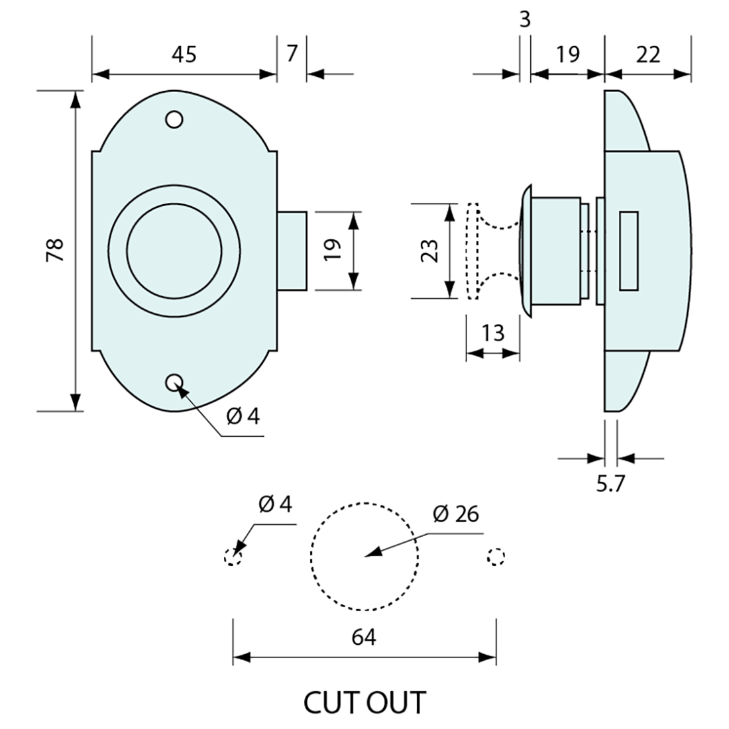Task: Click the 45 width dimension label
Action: click(184, 54)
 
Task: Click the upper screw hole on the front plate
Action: click(174, 120)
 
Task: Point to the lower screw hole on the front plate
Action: click(174, 382)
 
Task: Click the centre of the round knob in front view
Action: click(174, 250)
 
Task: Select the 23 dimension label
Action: click(431, 251)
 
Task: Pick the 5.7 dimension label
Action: click(610, 484)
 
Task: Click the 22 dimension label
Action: click(648, 54)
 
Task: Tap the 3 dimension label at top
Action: click(525, 20)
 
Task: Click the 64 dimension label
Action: click(364, 638)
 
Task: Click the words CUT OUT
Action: click(364, 702)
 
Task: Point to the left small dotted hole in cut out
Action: click(233, 557)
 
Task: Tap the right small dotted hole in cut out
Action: click(496, 557)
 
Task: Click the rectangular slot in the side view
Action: click(628, 251)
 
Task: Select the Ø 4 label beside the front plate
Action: click(243, 416)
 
